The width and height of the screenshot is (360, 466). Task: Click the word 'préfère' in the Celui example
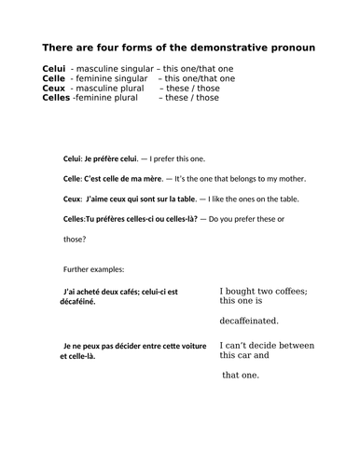[107, 158]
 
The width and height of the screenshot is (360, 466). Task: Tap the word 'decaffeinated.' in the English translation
[249, 321]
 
